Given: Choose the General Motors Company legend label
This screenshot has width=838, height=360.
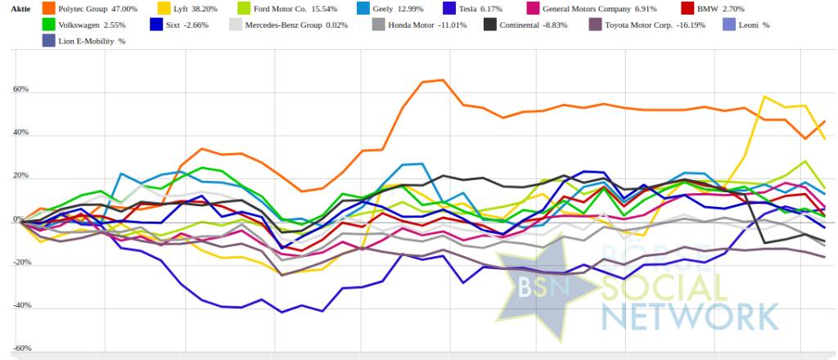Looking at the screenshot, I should pyautogui.click(x=606, y=9).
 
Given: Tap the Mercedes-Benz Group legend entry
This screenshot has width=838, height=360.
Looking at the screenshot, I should pyautogui.click(x=291, y=25).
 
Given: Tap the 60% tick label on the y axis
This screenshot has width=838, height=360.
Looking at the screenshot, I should pyautogui.click(x=20, y=90).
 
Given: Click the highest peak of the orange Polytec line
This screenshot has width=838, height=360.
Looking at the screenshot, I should pyautogui.click(x=442, y=80).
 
